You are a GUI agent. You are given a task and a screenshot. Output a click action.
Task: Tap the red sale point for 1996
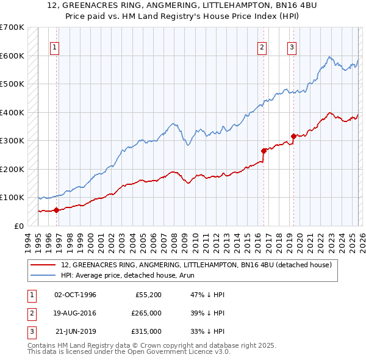click(57, 210)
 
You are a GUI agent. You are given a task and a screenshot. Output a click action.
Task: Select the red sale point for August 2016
click(264, 150)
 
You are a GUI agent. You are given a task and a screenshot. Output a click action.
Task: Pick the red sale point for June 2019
click(293, 136)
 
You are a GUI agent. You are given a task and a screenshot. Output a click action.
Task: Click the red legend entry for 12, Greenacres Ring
click(196, 265)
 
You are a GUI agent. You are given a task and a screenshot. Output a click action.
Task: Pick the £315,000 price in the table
click(146, 331)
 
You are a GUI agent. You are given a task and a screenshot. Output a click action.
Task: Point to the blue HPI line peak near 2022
click(329, 57)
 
